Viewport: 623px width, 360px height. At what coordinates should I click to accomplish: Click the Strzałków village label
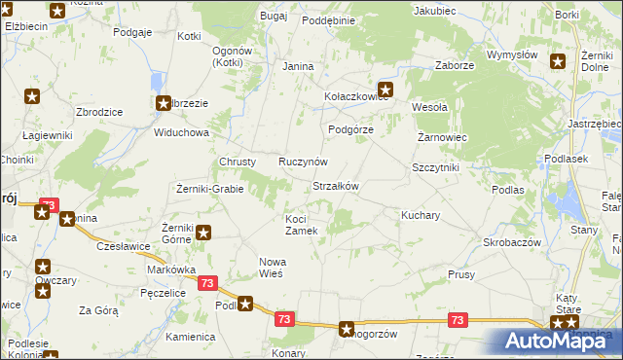point(336,186)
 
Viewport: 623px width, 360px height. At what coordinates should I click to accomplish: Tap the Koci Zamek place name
point(301,225)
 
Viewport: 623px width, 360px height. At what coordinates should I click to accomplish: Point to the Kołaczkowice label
point(356,97)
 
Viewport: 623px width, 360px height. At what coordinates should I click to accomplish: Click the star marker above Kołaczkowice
point(385,88)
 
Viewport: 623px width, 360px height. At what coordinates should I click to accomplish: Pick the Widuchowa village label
point(180,132)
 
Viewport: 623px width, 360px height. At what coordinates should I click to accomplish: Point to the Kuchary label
point(421,213)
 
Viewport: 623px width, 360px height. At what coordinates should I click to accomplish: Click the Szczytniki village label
point(435,167)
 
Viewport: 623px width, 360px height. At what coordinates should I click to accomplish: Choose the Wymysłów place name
point(513,55)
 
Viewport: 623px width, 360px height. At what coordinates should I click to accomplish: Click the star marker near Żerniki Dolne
point(558,62)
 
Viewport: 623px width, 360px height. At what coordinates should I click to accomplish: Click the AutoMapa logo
point(556,340)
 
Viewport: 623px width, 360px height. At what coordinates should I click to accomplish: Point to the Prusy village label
point(460,275)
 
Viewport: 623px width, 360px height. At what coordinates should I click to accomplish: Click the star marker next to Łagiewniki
point(33,96)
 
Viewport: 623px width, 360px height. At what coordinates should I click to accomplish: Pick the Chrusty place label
point(238,162)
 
